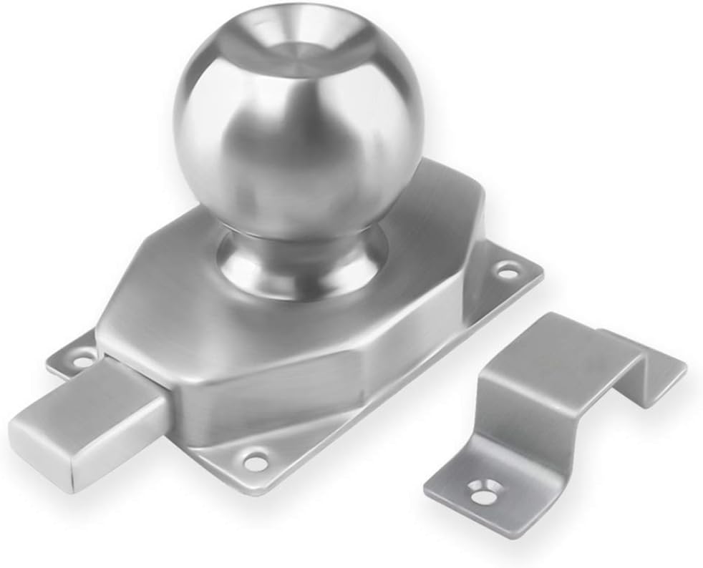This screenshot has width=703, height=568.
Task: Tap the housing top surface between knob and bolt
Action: click(165, 315)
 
